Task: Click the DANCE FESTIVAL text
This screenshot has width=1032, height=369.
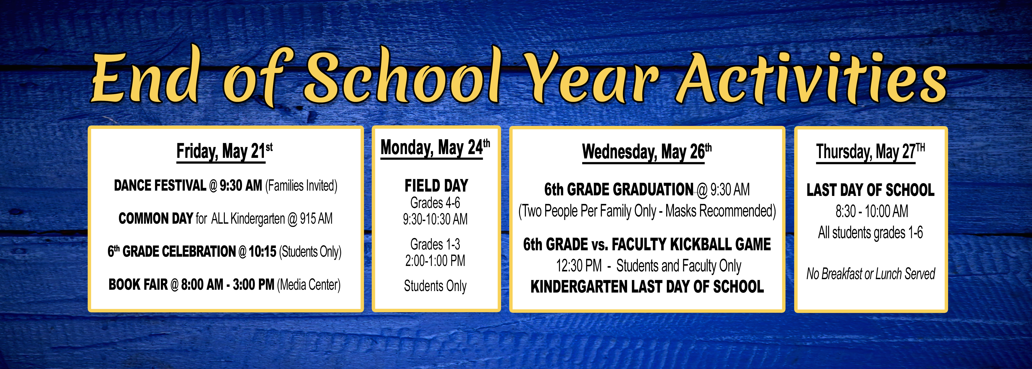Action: tap(160, 186)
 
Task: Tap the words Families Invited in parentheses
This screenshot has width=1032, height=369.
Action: tap(301, 186)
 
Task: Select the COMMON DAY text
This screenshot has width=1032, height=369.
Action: tap(156, 219)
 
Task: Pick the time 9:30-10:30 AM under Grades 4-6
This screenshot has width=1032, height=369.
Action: tap(435, 219)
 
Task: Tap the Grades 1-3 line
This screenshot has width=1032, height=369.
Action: tap(435, 244)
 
